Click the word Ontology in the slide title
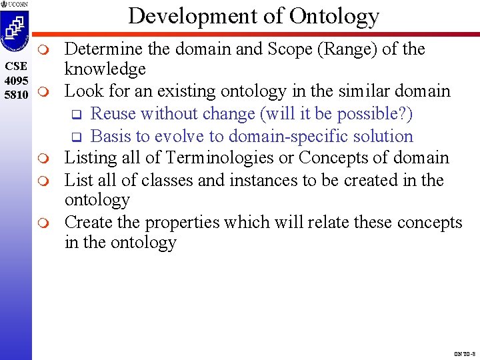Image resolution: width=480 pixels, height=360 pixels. [x=339, y=16]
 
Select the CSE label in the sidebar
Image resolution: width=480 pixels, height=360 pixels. [x=15, y=66]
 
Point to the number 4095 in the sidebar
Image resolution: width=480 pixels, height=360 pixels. [x=15, y=80]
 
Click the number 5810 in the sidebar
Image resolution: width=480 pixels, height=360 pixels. [x=15, y=94]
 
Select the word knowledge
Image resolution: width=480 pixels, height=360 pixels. [x=105, y=69]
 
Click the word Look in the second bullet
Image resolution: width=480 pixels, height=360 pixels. [x=81, y=91]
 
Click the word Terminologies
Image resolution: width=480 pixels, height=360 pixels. [x=216, y=158]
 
